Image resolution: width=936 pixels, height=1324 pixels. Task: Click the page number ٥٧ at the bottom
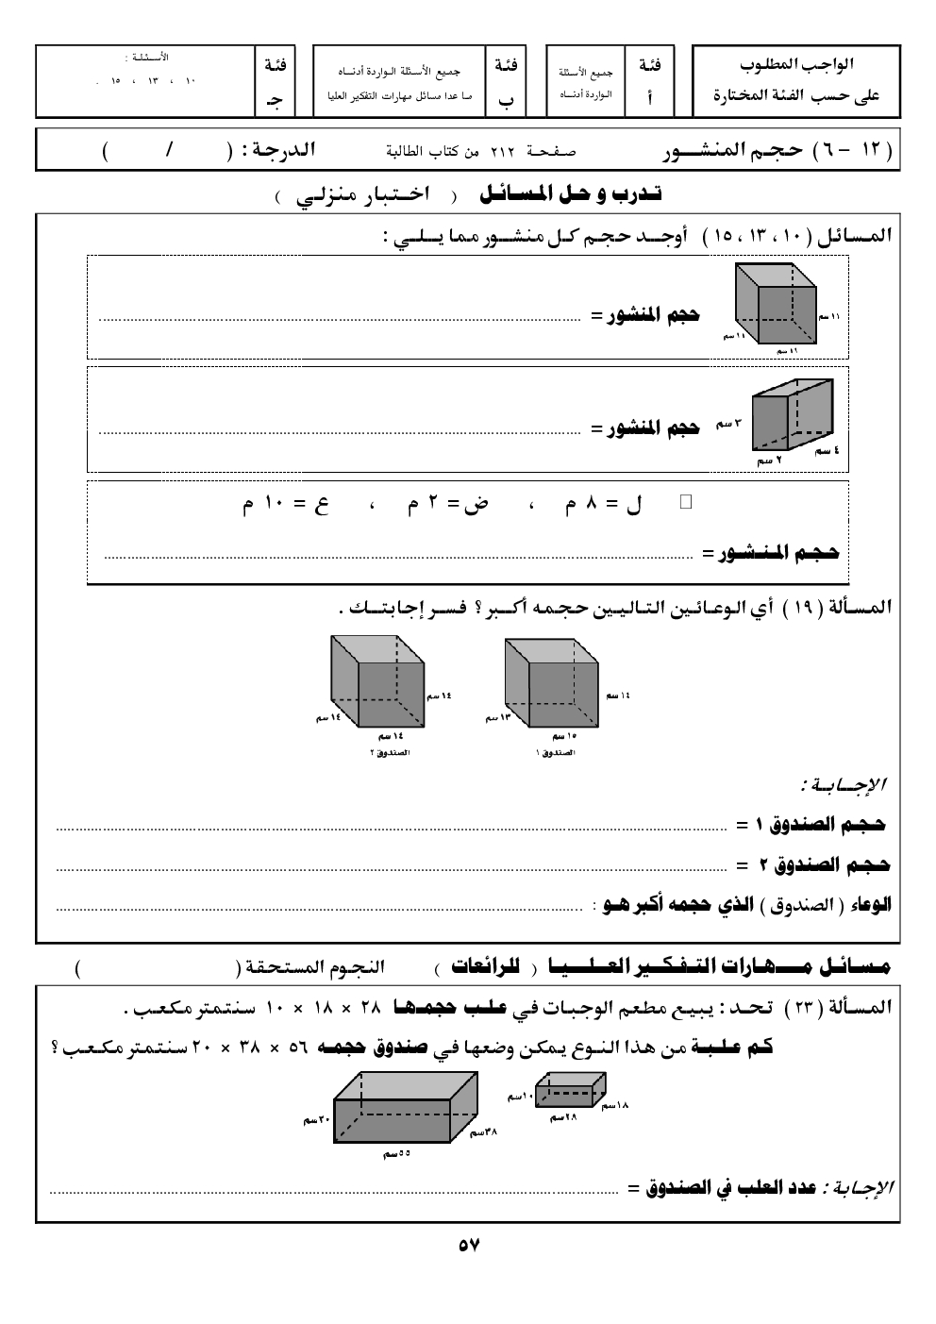pos(469,1245)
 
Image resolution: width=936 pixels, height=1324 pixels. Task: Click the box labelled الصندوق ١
pos(552,686)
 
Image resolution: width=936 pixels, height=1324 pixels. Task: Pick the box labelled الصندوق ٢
pos(376,685)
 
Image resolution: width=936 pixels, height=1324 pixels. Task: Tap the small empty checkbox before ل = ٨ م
pos(686,502)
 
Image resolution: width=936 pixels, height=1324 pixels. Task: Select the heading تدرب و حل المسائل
pos(571,195)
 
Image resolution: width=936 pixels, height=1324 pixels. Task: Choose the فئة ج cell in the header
pos(276,83)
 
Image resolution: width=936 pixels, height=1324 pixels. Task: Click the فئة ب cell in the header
pos(506,83)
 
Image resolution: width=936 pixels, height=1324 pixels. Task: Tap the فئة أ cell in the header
pos(649,83)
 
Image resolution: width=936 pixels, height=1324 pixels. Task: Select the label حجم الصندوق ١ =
pos(811,826)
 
